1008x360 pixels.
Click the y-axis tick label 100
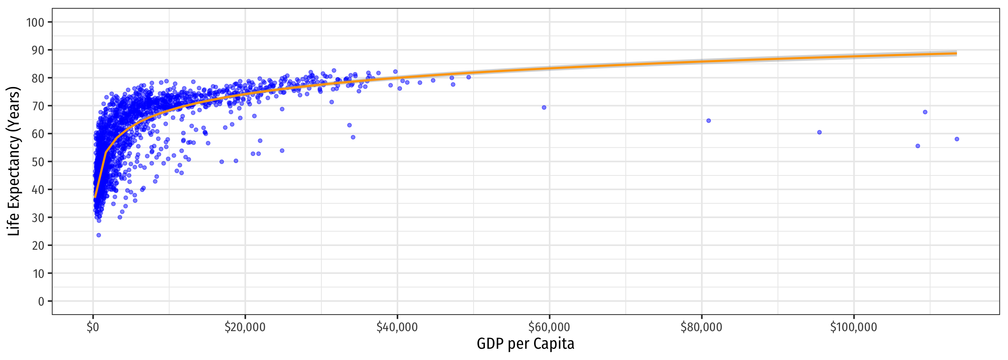(35, 22)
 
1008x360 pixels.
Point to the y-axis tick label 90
(38, 50)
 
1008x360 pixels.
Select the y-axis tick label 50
(38, 162)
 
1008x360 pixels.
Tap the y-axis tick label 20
(38, 245)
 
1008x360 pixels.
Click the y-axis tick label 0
(41, 301)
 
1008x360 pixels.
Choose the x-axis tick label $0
(93, 327)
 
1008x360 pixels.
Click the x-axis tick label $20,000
(245, 327)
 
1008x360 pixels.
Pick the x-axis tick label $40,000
(397, 327)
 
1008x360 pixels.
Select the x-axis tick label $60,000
(549, 327)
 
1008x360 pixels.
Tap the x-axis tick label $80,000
(701, 327)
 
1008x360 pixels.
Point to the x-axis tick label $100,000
(853, 327)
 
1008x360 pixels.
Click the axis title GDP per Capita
(525, 344)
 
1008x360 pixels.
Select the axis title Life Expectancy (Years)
(14, 161)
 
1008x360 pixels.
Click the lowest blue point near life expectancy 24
(99, 235)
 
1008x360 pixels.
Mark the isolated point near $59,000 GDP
(544, 108)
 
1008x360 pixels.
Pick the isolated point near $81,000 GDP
(708, 121)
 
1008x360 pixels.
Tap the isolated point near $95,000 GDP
(819, 132)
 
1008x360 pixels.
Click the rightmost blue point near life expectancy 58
(957, 139)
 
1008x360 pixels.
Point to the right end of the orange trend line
(956, 53)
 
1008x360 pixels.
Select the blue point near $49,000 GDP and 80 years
(468, 77)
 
